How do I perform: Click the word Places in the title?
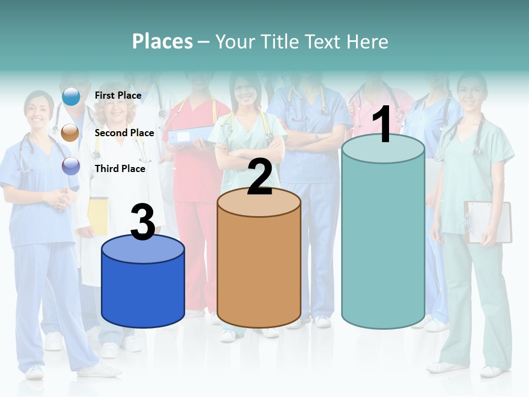tap(163, 41)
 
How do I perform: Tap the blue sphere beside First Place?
tap(71, 96)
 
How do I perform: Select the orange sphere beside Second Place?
tap(71, 132)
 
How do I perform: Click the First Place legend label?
tap(118, 95)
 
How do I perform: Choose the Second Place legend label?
tap(124, 132)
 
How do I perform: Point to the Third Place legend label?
tap(120, 169)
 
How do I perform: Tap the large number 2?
tap(260, 177)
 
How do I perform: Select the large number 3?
tap(143, 222)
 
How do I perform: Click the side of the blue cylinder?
tap(143, 292)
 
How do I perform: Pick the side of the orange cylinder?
tap(259, 270)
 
